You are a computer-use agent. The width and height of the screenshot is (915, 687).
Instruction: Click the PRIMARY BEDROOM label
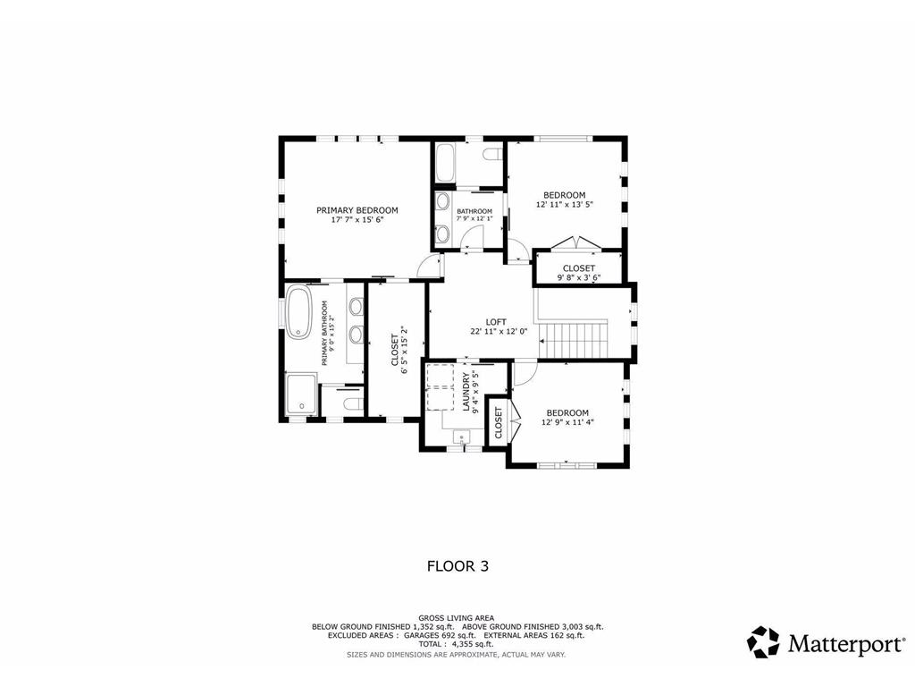point(357,210)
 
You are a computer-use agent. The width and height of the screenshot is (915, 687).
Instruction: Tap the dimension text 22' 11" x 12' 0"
point(499,331)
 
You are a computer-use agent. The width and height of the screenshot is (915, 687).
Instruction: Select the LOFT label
point(496,321)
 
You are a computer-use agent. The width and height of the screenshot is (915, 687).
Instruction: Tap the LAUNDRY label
point(466,392)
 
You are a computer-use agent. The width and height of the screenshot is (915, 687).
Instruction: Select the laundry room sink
point(461,437)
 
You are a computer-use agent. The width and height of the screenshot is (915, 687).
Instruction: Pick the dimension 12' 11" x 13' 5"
point(565,205)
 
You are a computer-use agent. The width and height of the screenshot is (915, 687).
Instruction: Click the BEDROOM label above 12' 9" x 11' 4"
point(567,412)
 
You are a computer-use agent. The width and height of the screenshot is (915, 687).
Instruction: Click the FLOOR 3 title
point(457,565)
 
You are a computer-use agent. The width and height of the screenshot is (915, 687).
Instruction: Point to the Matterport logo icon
point(764,642)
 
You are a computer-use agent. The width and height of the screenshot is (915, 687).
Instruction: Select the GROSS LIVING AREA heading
point(457,618)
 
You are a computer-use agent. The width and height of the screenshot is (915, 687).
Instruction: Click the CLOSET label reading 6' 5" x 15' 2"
point(394,350)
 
